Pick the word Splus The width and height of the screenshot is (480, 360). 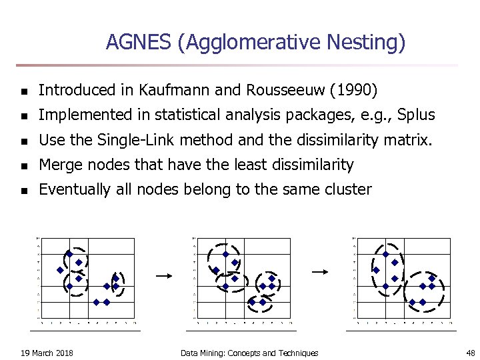[415, 115]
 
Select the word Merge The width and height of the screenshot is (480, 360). [59, 165]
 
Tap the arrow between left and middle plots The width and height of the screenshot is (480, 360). [163, 274]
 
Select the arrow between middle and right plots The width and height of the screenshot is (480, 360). [321, 271]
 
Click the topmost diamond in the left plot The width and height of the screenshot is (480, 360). [69, 254]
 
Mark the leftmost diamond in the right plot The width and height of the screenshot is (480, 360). [376, 270]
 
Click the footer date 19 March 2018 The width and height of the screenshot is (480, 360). [47, 353]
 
